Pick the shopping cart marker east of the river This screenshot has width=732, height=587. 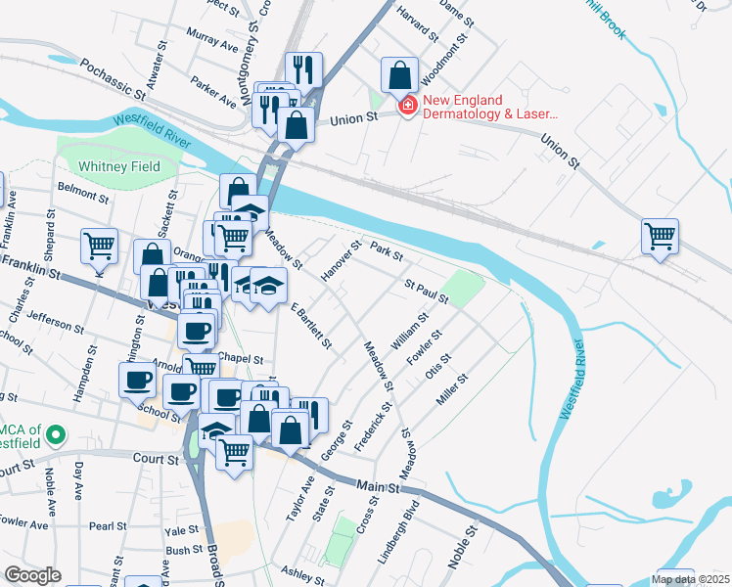tap(661, 236)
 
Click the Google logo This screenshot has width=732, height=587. tap(32, 575)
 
